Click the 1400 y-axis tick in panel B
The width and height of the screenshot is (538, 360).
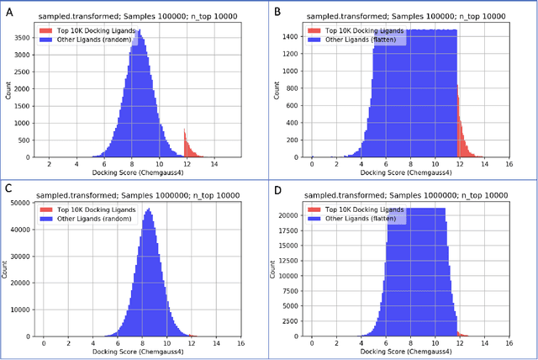point(296,36)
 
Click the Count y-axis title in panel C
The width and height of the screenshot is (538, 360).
point(8,268)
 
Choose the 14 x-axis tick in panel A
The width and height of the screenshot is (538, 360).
point(214,164)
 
